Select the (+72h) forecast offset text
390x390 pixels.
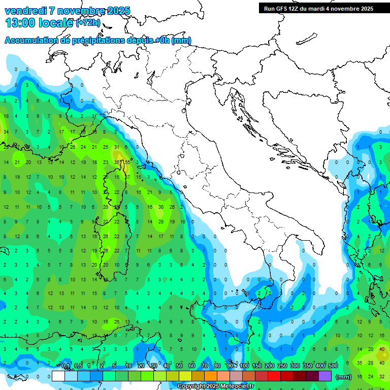[88, 23]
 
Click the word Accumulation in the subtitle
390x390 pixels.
[31, 41]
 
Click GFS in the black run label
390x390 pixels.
[284, 9]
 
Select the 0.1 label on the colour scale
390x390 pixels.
[66, 366]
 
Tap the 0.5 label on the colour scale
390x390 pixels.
[78, 366]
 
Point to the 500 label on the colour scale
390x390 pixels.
[333, 366]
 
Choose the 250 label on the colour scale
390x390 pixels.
[282, 366]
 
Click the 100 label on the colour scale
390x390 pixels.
[244, 366]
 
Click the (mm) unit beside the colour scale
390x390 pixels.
[344, 377]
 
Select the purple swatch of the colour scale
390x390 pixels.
[325, 376]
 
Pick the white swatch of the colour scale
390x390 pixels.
[58, 376]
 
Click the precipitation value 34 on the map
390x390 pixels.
[6, 132]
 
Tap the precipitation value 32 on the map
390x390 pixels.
[381, 376]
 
